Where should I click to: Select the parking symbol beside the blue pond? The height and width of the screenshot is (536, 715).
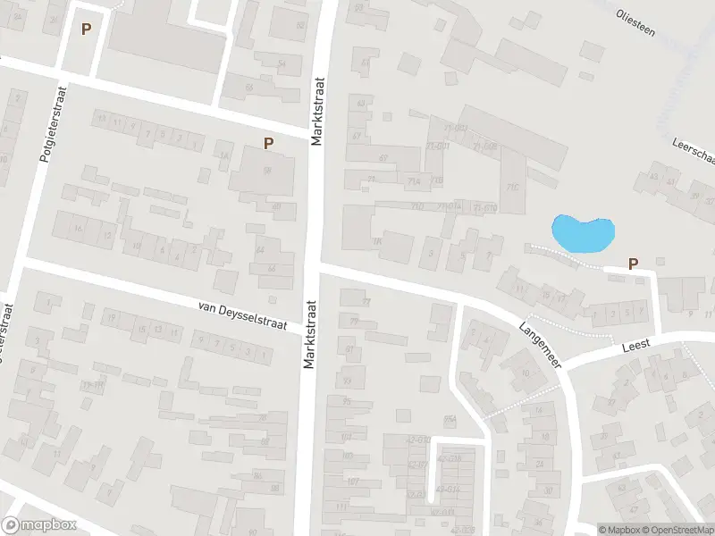[x=634, y=264]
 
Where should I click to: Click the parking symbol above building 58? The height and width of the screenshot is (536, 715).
[x=268, y=143]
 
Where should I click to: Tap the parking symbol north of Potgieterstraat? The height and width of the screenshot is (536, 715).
[x=86, y=29]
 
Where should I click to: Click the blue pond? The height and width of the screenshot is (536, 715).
[x=583, y=234]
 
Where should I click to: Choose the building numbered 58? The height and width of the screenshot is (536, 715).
[x=266, y=171]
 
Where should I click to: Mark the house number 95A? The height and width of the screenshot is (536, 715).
[x=450, y=419]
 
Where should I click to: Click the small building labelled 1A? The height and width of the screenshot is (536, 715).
[x=223, y=155]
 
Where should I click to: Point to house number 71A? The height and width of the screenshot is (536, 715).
[x=413, y=181]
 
